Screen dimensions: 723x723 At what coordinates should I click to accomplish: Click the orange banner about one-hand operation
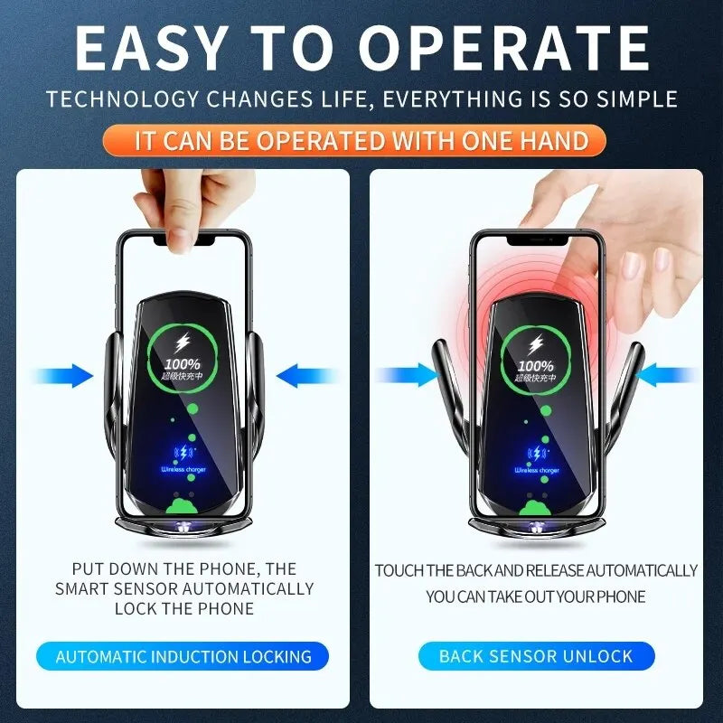361,141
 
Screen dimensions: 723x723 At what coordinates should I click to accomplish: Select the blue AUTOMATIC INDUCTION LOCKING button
183,657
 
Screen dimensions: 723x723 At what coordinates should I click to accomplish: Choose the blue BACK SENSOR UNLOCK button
536,657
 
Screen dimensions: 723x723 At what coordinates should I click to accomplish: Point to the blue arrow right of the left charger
303,376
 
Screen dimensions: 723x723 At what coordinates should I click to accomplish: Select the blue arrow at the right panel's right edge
673,376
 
